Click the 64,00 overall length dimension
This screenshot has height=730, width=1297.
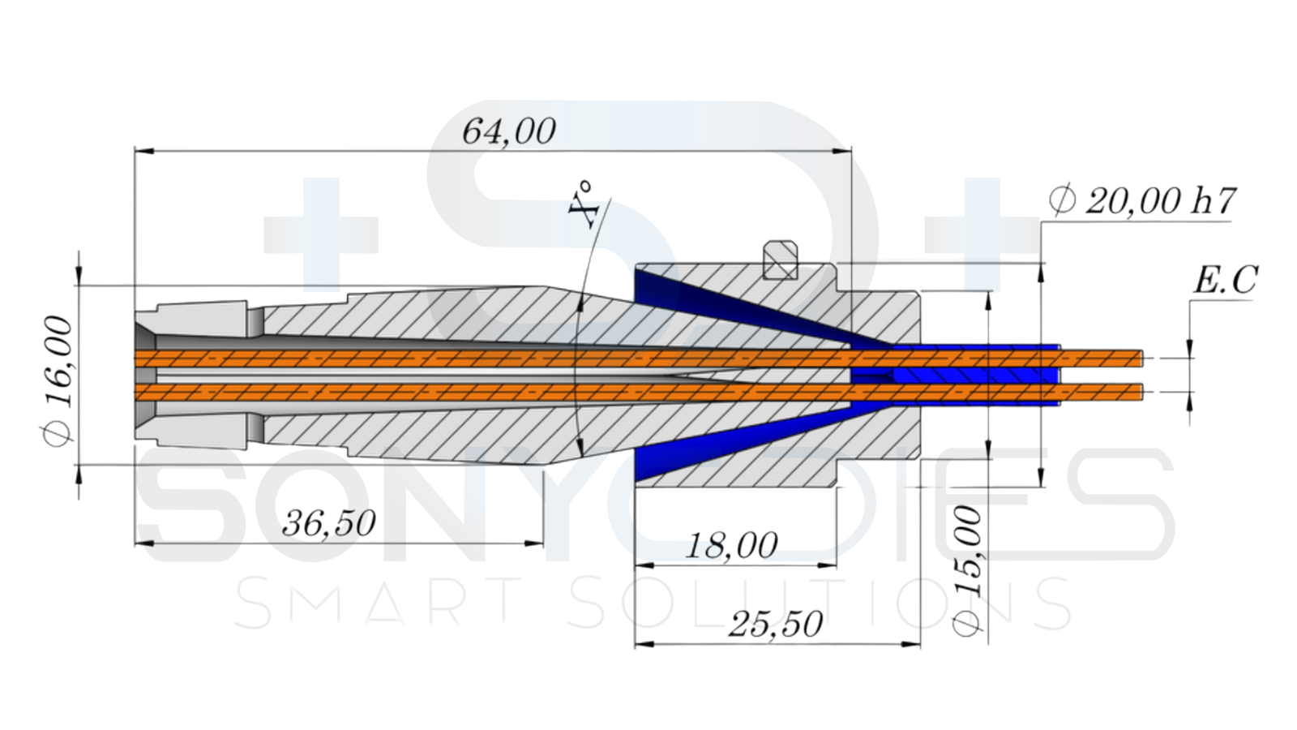pos(509,131)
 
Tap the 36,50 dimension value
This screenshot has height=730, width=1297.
pos(329,523)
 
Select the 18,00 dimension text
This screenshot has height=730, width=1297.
pos(732,545)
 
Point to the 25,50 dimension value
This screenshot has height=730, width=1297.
pos(776,624)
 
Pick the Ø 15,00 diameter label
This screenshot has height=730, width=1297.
pos(968,571)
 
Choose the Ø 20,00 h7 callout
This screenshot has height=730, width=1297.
pos(1142,201)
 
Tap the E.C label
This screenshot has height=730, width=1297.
pos(1225,281)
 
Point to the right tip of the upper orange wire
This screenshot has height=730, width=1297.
pos(1139,358)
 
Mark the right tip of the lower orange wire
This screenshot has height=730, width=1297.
pos(1139,393)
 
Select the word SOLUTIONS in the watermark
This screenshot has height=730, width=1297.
pos(819,603)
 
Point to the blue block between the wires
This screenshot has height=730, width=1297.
pos(973,376)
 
